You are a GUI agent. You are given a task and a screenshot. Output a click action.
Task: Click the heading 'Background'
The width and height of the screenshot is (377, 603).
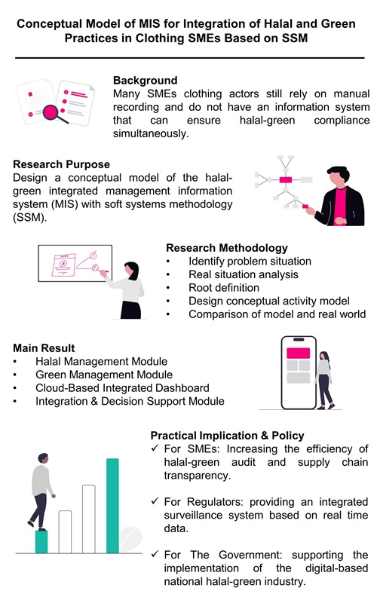click(146, 80)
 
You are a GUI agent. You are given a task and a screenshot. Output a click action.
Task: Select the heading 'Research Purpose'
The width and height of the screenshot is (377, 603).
click(62, 164)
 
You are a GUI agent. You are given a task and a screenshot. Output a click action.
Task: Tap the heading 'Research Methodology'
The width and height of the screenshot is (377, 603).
click(225, 246)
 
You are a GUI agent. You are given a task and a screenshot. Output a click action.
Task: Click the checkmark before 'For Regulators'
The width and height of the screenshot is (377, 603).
click(155, 502)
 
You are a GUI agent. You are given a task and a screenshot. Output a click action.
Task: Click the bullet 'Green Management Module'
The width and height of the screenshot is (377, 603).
click(103, 375)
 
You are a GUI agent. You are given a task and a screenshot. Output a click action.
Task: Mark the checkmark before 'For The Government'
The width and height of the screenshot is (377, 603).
click(155, 555)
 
